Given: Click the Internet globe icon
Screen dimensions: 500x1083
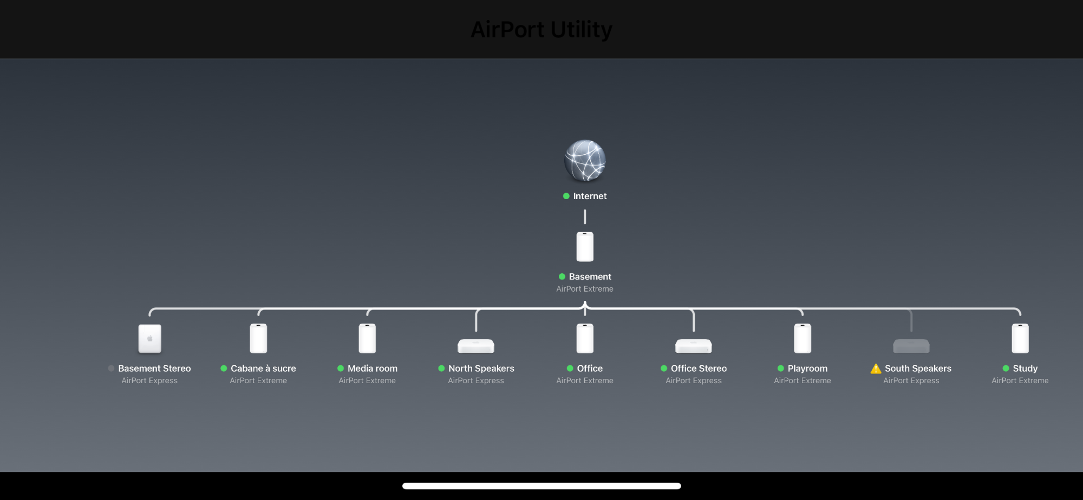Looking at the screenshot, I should (585, 161).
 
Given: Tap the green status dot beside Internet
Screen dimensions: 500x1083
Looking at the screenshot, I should (566, 196).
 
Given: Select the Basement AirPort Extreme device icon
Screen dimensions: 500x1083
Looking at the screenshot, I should (585, 247).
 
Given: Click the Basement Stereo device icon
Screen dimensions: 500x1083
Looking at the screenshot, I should (150, 339).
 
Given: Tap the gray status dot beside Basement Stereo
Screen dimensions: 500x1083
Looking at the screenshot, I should (111, 369).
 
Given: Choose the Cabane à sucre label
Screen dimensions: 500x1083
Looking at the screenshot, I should (263, 369).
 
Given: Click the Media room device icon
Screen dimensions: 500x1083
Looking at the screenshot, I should (367, 338).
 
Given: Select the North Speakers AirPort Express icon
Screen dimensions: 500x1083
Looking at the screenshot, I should (476, 346).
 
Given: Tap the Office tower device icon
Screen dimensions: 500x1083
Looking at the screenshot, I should (585, 338).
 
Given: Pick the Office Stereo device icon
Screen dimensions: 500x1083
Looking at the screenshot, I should (694, 346).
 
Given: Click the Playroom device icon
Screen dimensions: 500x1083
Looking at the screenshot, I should (803, 338).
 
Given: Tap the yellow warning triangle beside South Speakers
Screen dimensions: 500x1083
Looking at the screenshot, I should (876, 369).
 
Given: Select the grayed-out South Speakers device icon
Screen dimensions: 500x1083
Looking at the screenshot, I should (911, 346).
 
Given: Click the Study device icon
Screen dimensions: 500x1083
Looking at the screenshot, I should (1020, 338).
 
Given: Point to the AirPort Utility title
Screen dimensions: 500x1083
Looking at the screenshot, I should (541, 30).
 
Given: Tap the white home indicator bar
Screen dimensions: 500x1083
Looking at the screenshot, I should (541, 486).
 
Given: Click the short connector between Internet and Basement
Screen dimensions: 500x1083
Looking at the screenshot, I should (585, 217).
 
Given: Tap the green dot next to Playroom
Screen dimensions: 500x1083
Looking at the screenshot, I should (781, 369).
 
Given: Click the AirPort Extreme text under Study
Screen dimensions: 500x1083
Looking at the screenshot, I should (1020, 381).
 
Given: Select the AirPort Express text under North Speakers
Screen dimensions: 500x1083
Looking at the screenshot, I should (476, 381).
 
